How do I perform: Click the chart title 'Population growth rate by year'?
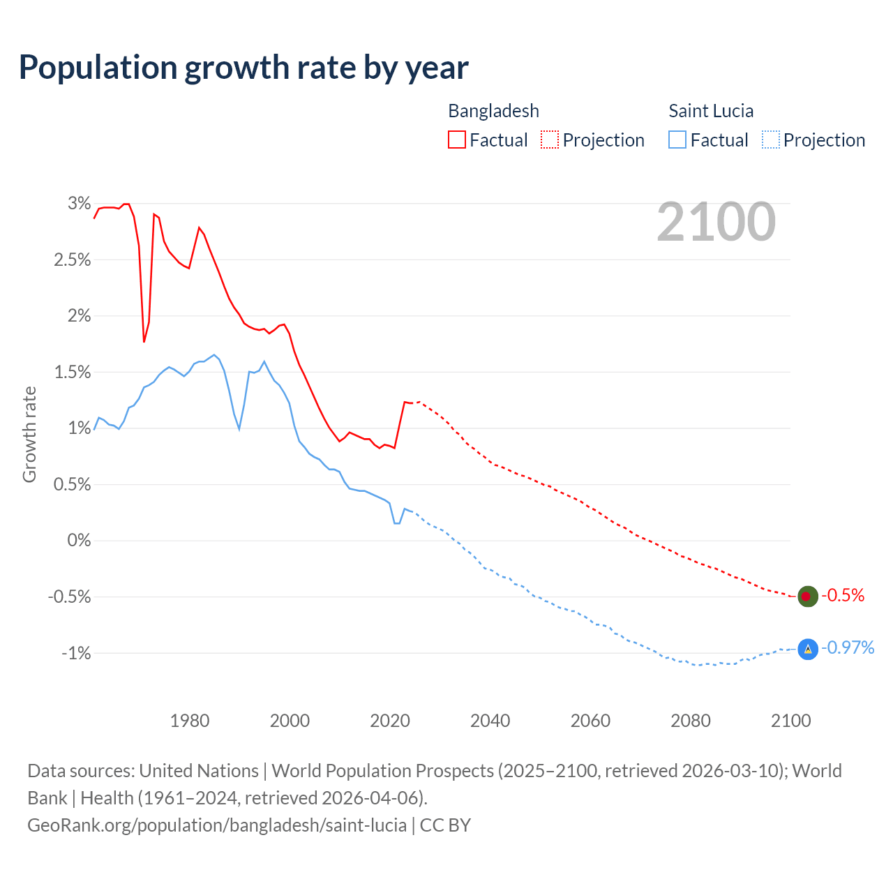pyautogui.click(x=243, y=68)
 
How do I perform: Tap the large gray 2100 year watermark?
pyautogui.click(x=716, y=222)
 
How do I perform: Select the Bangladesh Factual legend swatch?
pyautogui.click(x=456, y=140)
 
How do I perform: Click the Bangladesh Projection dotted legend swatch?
pyautogui.click(x=550, y=140)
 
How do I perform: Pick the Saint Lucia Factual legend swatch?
pyautogui.click(x=677, y=140)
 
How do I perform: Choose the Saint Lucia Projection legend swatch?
pyautogui.click(x=770, y=140)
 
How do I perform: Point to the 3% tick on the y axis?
pyautogui.click(x=80, y=204)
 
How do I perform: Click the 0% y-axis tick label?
pyautogui.click(x=80, y=541)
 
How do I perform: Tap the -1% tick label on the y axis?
pyautogui.click(x=76, y=654)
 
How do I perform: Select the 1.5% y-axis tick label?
pyautogui.click(x=73, y=373)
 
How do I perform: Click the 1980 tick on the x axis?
pyautogui.click(x=190, y=721)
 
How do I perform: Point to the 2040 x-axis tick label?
pyautogui.click(x=490, y=721)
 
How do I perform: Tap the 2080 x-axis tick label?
pyautogui.click(x=691, y=721)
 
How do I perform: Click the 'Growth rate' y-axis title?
pyautogui.click(x=29, y=434)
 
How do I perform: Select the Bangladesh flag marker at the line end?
pyautogui.click(x=807, y=596)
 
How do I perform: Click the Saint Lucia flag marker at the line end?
pyautogui.click(x=807, y=649)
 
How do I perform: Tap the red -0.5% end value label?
pyautogui.click(x=843, y=596)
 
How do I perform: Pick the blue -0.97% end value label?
pyautogui.click(x=848, y=648)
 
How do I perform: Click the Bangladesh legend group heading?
pyautogui.click(x=493, y=111)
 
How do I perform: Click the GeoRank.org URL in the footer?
pyautogui.click(x=217, y=825)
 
